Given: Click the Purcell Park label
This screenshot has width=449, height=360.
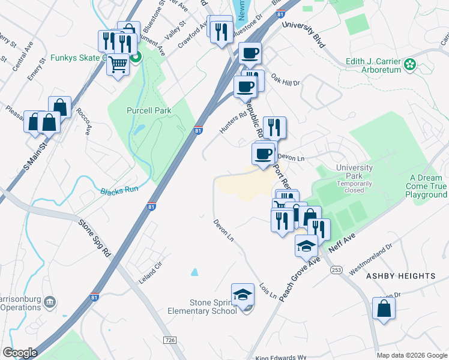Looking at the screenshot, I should pyautogui.click(x=149, y=110).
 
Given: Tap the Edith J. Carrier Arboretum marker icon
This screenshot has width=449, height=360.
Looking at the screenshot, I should pyautogui.click(x=410, y=64).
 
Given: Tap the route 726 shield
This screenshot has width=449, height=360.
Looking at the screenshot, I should pyautogui.click(x=170, y=340).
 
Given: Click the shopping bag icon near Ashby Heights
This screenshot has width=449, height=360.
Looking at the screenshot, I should pyautogui.click(x=384, y=308).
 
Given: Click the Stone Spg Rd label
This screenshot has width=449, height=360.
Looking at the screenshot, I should pyautogui.click(x=95, y=238).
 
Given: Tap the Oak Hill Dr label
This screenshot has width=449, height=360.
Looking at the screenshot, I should pyautogui.click(x=285, y=80).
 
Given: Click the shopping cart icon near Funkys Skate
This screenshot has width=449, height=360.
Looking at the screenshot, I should pyautogui.click(x=118, y=63).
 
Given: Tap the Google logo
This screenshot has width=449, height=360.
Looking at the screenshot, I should pyautogui.click(x=20, y=353).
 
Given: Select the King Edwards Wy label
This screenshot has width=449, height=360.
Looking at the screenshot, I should pyautogui.click(x=281, y=358).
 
